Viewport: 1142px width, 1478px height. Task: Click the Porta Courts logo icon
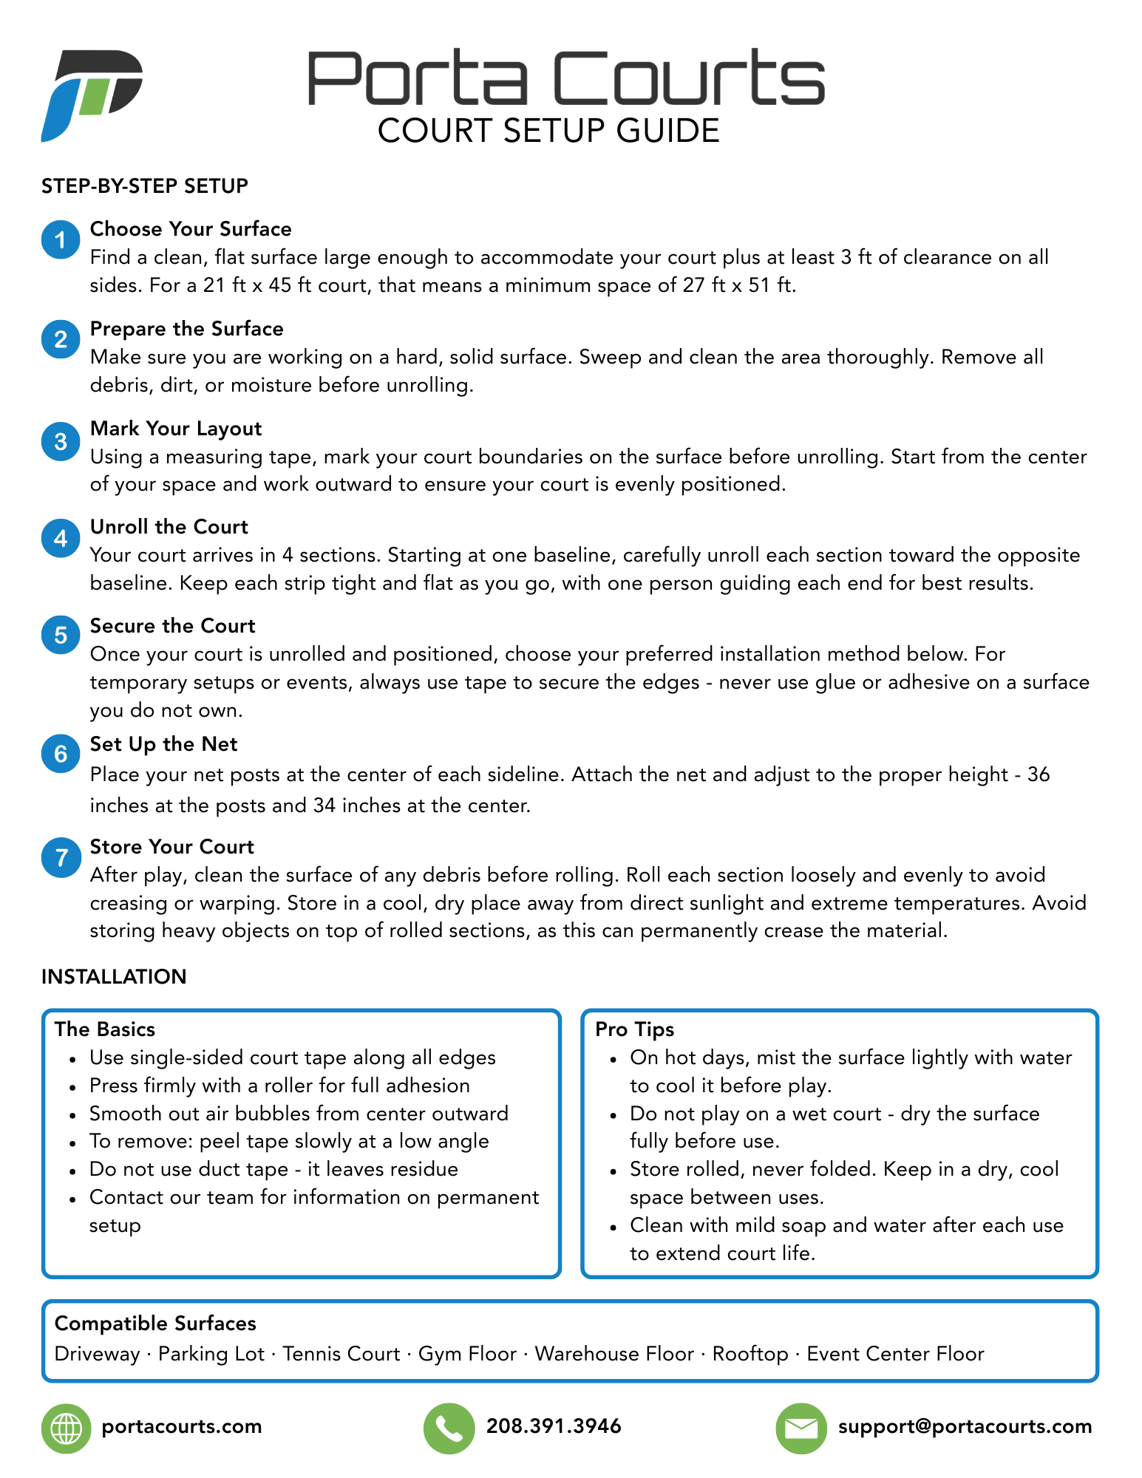(x=92, y=95)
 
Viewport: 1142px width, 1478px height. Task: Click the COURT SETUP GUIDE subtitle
(x=548, y=131)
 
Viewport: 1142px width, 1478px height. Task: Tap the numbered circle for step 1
(x=61, y=239)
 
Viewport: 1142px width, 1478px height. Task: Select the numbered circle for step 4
(x=61, y=538)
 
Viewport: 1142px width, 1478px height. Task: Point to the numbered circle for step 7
(x=61, y=857)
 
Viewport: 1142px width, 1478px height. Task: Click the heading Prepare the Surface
(x=186, y=329)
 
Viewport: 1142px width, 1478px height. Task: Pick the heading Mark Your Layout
(x=176, y=429)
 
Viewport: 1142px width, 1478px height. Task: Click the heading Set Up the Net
(x=163, y=744)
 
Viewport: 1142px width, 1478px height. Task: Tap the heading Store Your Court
(x=171, y=847)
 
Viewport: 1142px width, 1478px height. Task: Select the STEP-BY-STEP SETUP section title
(x=145, y=186)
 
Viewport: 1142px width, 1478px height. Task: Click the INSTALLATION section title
(x=114, y=977)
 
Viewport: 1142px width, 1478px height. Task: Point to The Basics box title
(x=105, y=1029)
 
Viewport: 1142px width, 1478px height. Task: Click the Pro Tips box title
(x=634, y=1029)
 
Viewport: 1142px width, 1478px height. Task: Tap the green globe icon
(x=66, y=1428)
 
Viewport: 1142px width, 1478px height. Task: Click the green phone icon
(x=449, y=1428)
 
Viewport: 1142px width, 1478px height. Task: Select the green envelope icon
(x=801, y=1428)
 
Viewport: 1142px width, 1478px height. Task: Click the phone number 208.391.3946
(x=554, y=1426)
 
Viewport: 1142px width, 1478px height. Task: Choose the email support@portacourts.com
(x=965, y=1426)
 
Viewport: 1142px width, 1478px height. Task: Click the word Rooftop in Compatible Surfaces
(x=750, y=1354)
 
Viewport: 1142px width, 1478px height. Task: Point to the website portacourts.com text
(x=182, y=1426)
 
